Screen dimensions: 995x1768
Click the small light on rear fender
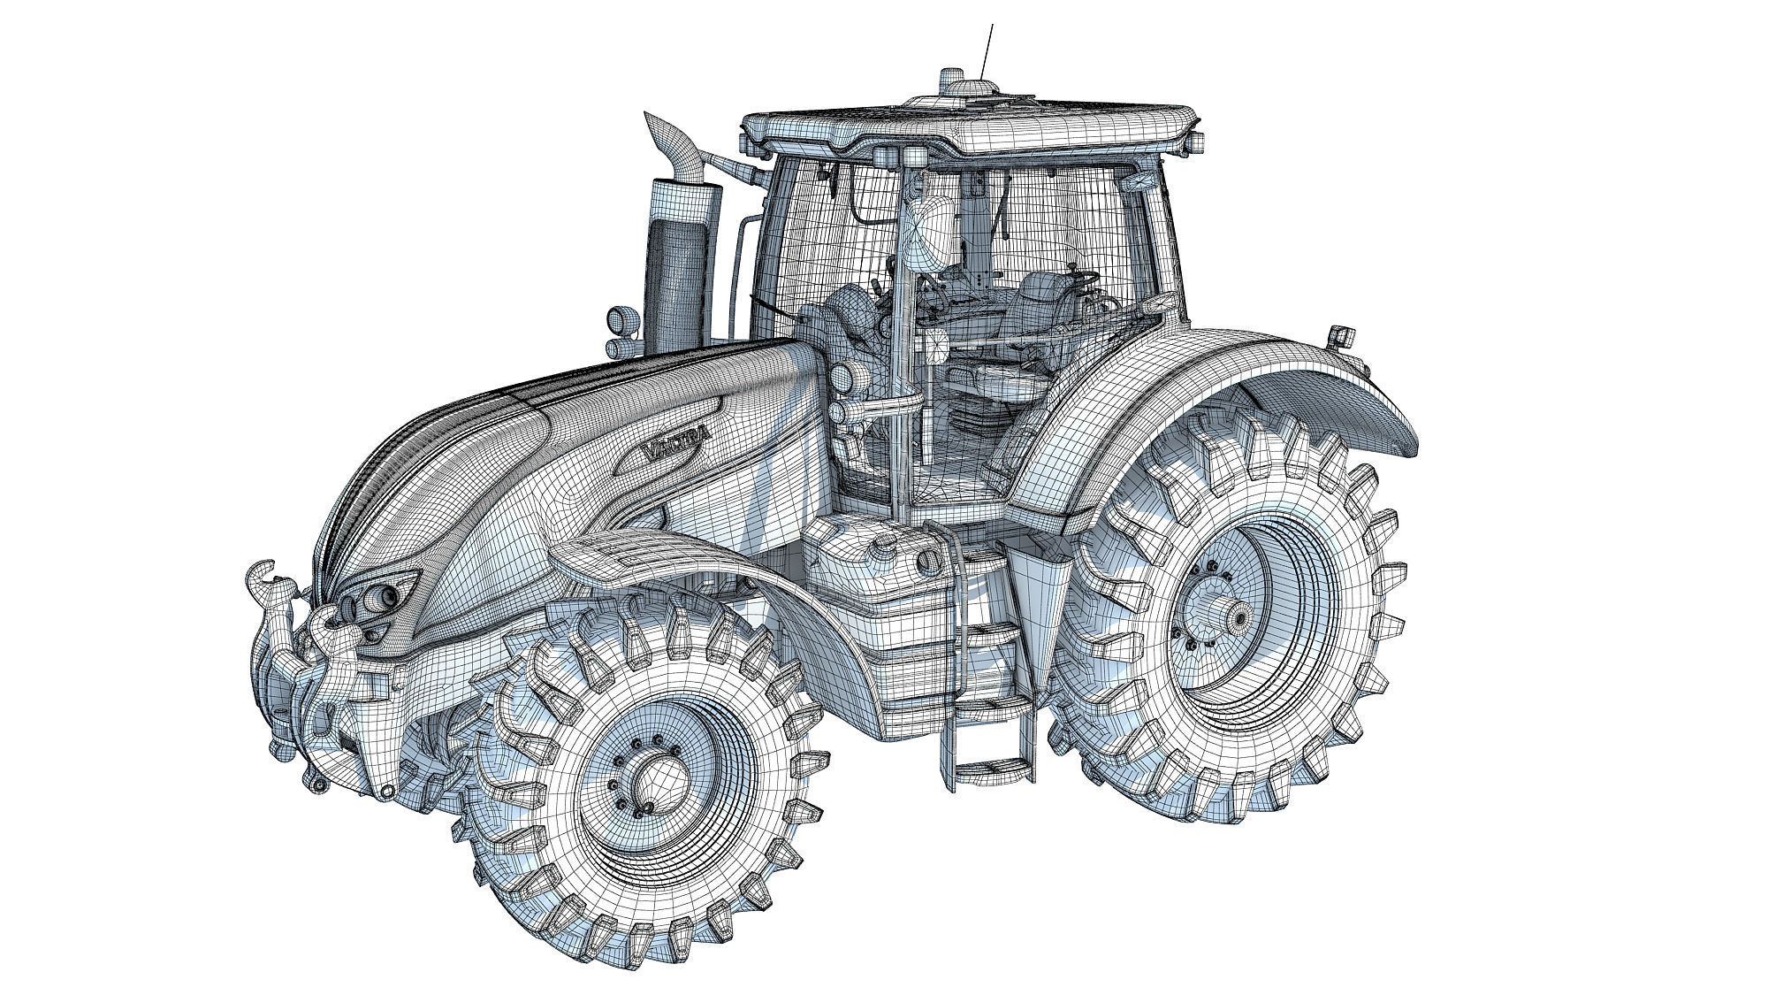tap(1341, 336)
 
